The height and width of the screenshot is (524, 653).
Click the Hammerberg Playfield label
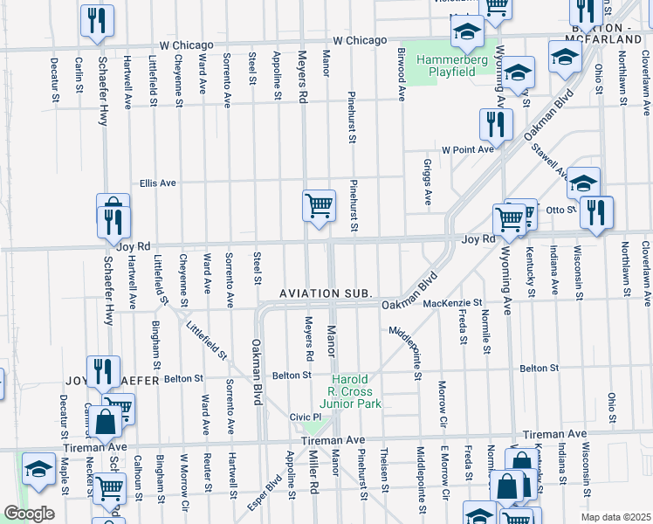point(450,65)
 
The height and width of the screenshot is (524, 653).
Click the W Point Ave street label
point(468,149)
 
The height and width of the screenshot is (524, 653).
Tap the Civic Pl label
point(306,417)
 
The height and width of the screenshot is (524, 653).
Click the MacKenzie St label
point(453,303)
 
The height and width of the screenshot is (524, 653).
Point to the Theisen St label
point(384,471)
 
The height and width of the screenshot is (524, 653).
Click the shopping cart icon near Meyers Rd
point(319,207)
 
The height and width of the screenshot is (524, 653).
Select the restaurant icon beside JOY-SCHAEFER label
point(101,370)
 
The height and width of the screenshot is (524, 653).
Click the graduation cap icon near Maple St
point(38,469)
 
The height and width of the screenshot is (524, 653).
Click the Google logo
point(29,513)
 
